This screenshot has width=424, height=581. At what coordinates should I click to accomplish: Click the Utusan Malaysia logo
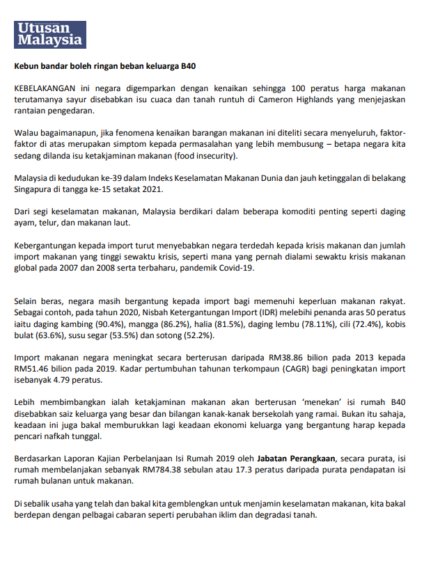coord(51,33)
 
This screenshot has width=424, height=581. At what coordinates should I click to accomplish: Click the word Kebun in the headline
coord(27,67)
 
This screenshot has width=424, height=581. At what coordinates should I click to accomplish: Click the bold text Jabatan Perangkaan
coord(295,458)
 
